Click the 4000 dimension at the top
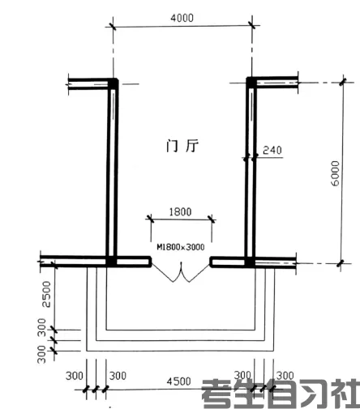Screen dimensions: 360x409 tap(182, 18)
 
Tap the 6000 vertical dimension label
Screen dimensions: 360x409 tap(335, 173)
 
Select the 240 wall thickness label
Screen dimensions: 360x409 tap(272, 150)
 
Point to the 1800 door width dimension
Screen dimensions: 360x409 tap(180, 212)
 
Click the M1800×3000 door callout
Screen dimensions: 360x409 tap(181, 247)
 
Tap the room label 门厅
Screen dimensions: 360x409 tap(182, 146)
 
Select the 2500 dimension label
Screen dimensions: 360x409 tap(46, 294)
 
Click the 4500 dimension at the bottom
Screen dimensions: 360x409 tap(178, 381)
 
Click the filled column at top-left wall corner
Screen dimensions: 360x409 tap(113, 83)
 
